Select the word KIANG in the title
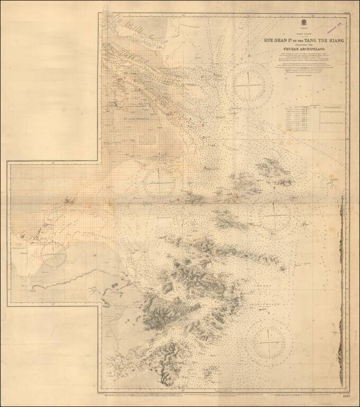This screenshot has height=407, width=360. (x=336, y=40)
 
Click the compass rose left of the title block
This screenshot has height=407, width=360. (x=249, y=85)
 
